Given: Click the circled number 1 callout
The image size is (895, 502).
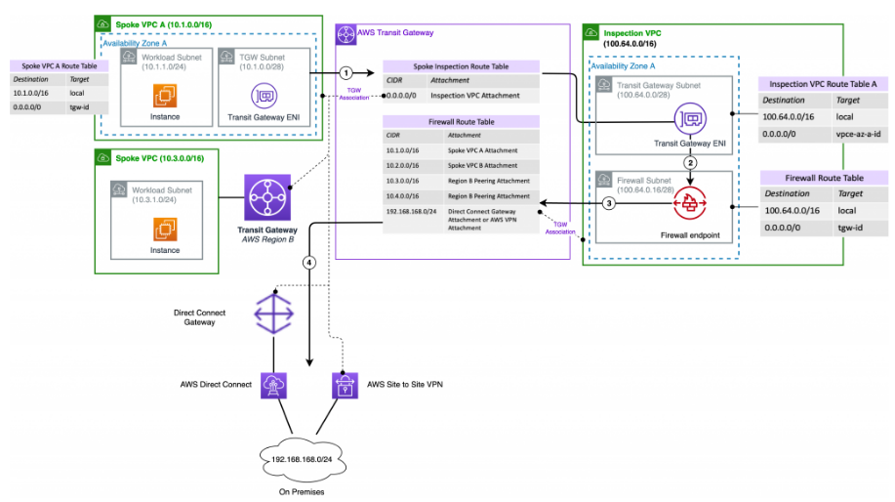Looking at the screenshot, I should tap(346, 73).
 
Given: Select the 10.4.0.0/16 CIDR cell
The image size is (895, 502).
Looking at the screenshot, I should tap(404, 195).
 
